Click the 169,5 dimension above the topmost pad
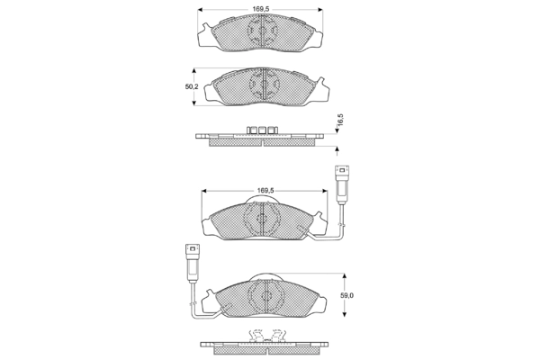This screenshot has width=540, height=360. tap(260, 9)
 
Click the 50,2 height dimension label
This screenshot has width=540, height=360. tap(192, 86)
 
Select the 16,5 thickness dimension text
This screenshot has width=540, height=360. tap(340, 120)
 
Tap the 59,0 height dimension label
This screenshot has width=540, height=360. tap(346, 295)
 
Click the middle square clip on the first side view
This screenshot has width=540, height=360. tap(263, 130)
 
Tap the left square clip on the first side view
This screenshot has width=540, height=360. tap(252, 130)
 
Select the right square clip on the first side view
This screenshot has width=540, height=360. tap(273, 130)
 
